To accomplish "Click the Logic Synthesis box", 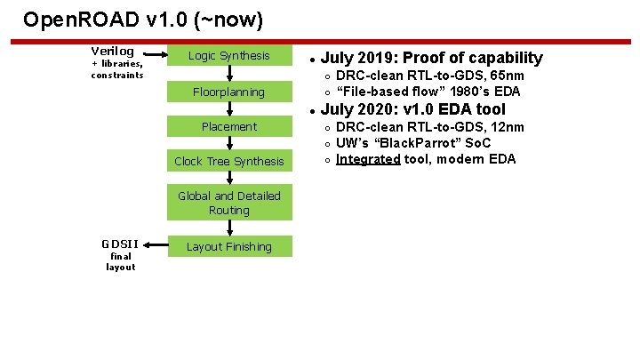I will click(x=229, y=56).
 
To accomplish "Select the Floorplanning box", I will click(x=229, y=92).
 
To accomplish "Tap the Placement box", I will click(x=229, y=126).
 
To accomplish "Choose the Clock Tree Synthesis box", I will click(x=229, y=161).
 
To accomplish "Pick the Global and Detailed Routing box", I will click(x=229, y=203).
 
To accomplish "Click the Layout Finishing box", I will click(x=229, y=246).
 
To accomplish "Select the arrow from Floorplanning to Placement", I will click(x=229, y=109).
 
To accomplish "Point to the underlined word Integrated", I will click(x=368, y=159).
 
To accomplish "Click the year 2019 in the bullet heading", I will click(x=373, y=58).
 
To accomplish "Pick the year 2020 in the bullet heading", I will click(x=373, y=109).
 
